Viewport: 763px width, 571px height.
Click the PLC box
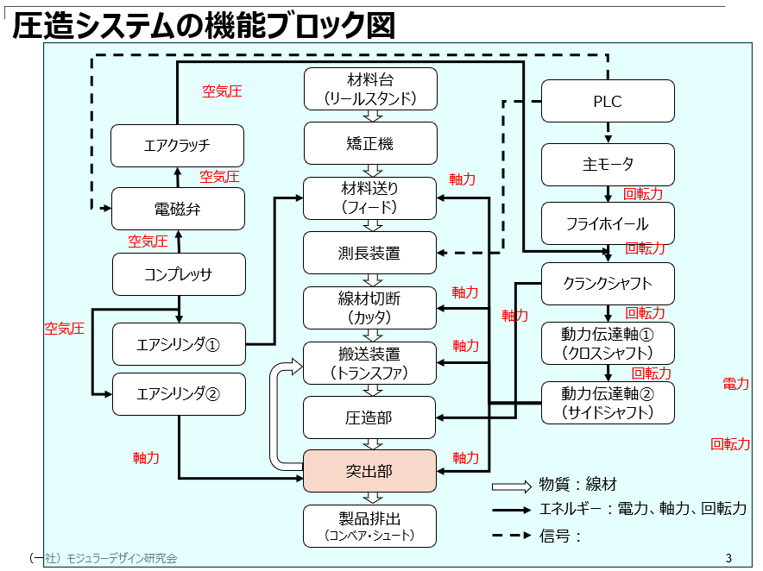(x=608, y=101)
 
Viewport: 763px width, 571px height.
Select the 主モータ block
(x=608, y=165)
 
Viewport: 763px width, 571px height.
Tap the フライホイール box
(x=608, y=223)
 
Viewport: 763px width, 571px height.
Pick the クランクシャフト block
(x=608, y=283)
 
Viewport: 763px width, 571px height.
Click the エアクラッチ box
(x=177, y=146)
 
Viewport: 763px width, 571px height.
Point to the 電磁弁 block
(x=178, y=209)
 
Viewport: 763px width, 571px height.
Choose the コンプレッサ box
(x=178, y=274)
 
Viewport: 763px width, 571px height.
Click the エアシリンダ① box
(x=179, y=344)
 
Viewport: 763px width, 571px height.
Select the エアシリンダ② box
(x=179, y=394)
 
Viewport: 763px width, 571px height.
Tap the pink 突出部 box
(x=369, y=471)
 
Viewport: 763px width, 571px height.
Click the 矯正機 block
(x=369, y=144)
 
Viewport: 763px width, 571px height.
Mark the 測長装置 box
(x=369, y=253)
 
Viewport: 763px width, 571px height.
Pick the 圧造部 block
(x=369, y=417)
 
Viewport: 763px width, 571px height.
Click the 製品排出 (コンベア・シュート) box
(x=369, y=526)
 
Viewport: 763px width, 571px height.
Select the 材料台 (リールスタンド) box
(x=369, y=89)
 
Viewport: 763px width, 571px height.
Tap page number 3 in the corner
(x=728, y=557)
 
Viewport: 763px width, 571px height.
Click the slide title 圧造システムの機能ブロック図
(x=204, y=25)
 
